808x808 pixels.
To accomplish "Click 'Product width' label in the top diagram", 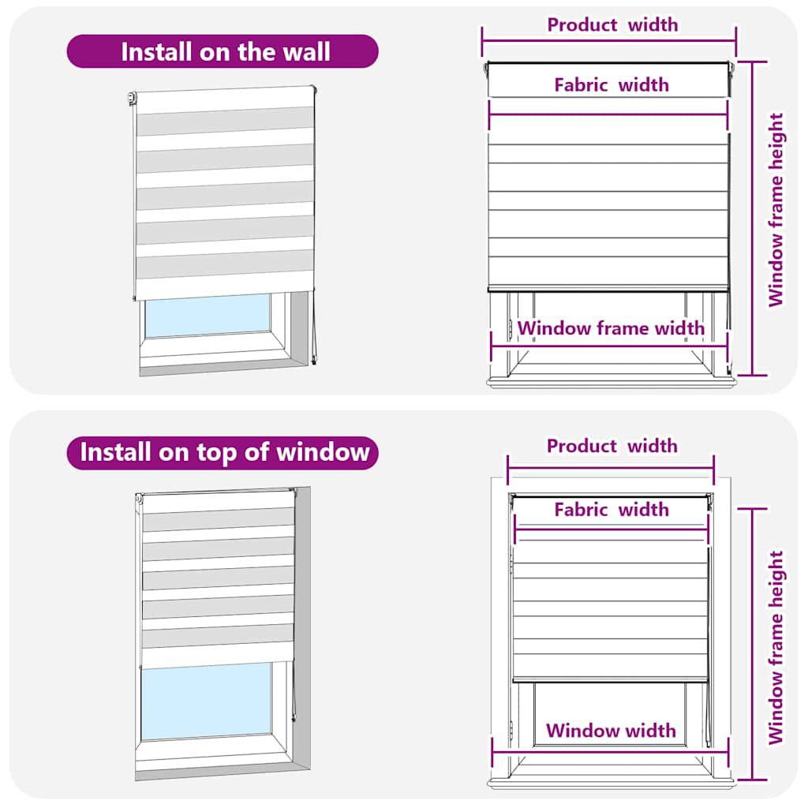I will click(612, 24).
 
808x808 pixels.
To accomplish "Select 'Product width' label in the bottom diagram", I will click(612, 446).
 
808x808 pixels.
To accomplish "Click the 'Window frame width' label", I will click(611, 328).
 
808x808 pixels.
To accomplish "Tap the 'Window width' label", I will click(611, 731).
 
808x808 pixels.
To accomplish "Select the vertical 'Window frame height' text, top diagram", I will click(776, 210).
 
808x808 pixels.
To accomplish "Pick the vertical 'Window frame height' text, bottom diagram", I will click(776, 647).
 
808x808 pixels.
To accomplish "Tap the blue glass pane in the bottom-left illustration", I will click(207, 701).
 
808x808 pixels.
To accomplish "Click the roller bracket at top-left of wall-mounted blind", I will click(132, 99).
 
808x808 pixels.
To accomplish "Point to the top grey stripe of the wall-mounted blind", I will click(224, 121).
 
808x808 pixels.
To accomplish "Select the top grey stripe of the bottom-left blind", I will click(218, 521).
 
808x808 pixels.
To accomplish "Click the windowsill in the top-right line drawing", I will click(611, 383).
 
